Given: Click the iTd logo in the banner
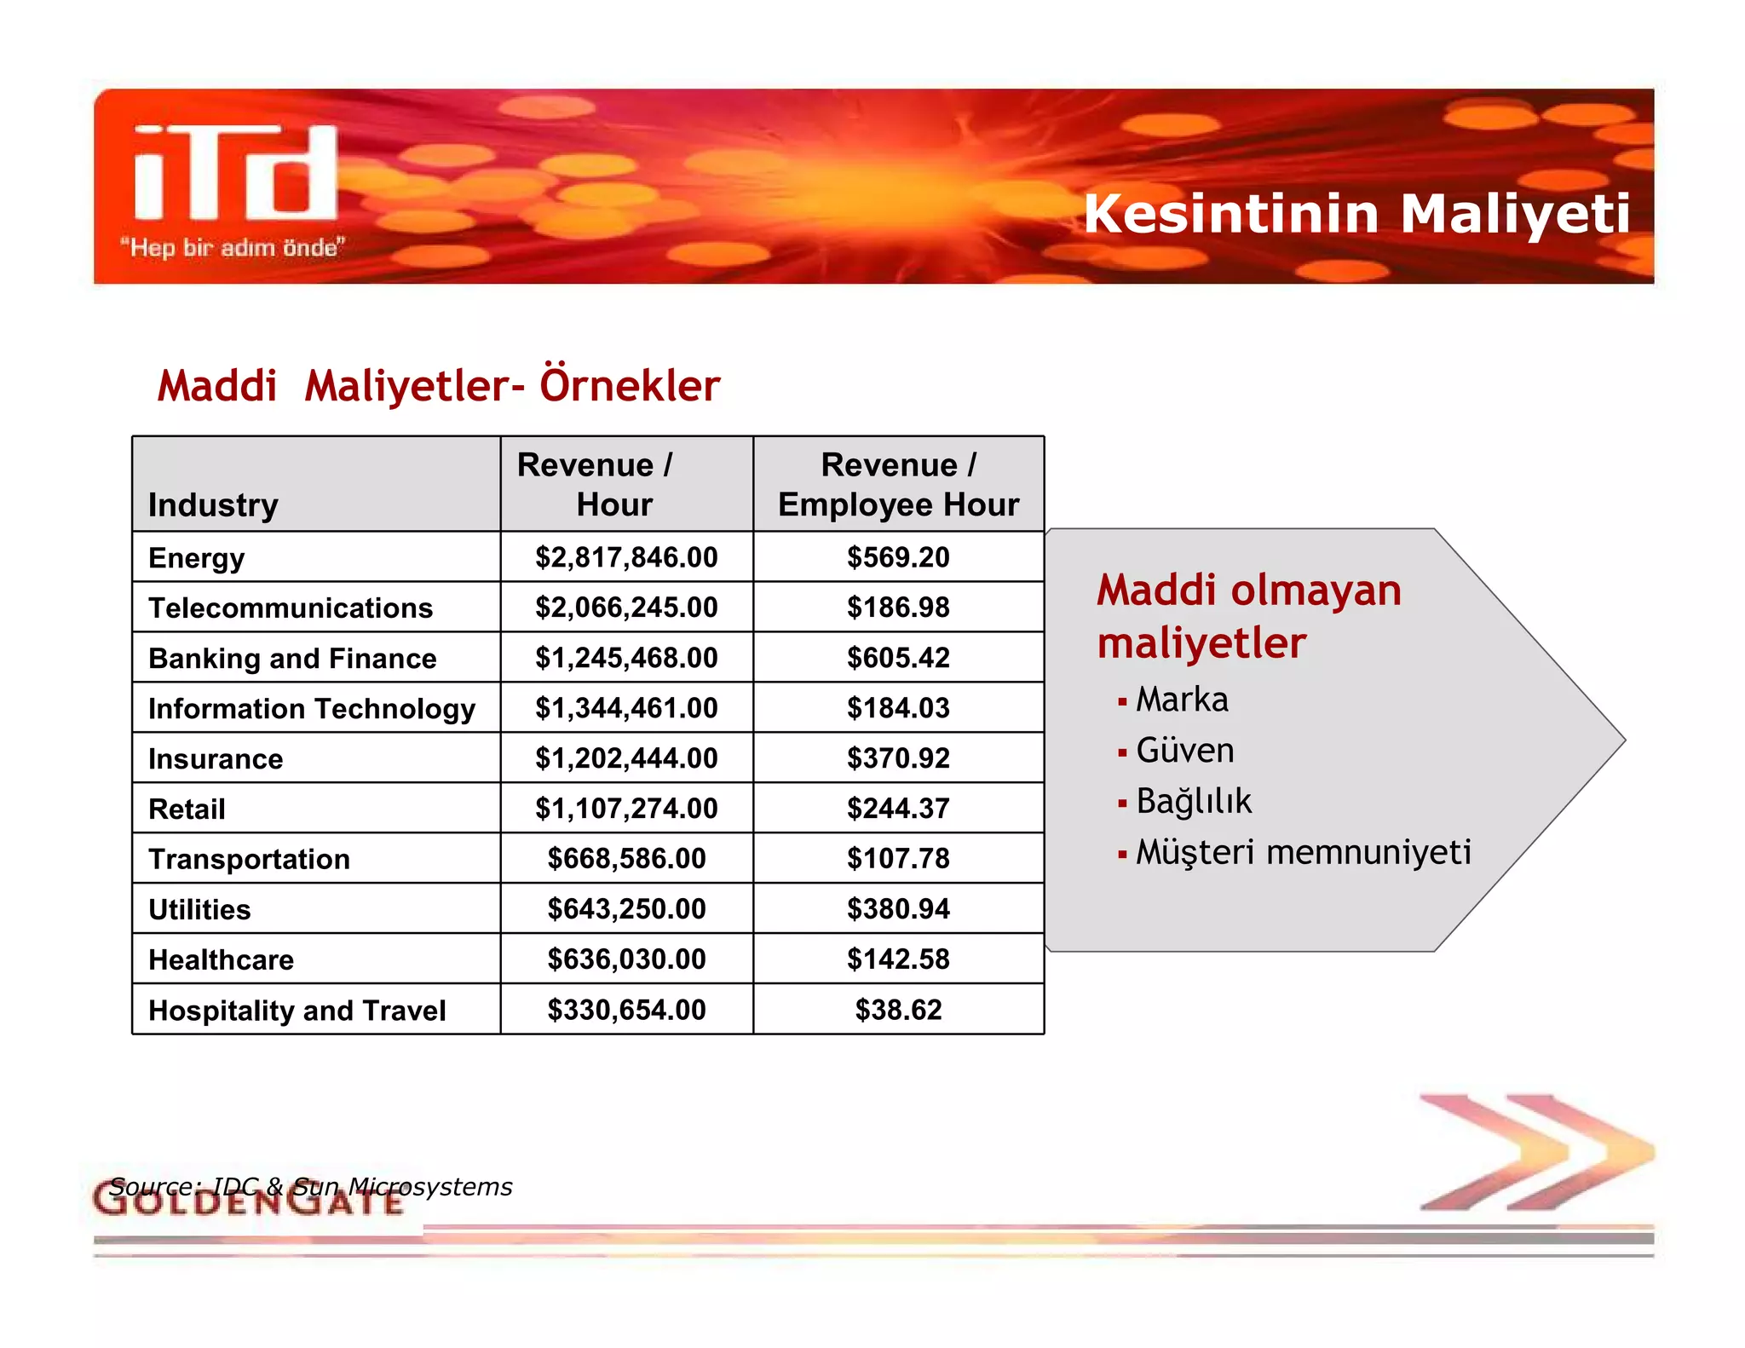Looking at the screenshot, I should (236, 173).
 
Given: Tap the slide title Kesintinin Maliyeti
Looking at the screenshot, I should (1356, 214).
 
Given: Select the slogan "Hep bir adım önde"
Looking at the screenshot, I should (232, 248).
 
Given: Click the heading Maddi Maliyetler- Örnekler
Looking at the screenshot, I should (439, 385).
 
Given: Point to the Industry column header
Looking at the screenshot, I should (213, 504).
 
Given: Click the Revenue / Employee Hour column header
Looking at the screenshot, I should (898, 485).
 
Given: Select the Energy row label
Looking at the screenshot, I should (197, 558).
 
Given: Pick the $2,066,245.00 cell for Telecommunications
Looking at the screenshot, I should (626, 608).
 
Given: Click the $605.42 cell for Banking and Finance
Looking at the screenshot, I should (898, 658).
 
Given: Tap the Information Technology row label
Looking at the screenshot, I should (312, 708).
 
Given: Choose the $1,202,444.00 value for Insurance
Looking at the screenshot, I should (626, 758).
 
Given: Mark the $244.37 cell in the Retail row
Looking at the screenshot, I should (898, 809).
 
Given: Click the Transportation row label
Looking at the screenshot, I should (249, 859).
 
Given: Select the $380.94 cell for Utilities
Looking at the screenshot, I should (898, 909).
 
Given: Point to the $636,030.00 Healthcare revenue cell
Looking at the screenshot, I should (626, 959).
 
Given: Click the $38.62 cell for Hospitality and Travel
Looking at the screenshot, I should (898, 1010).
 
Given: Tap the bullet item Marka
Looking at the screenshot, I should (1182, 700).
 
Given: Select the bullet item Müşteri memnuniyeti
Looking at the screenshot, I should (1303, 852).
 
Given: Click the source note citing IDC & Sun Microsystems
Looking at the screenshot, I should (311, 1187).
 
